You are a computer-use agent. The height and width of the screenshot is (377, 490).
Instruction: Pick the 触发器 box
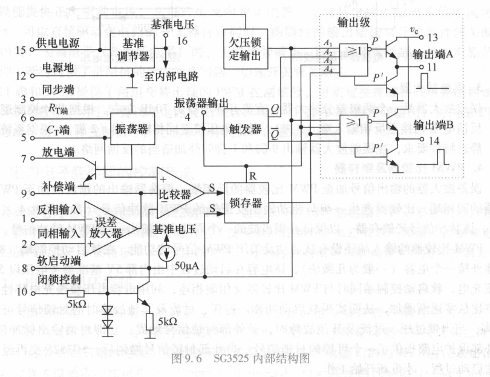pos(248,129)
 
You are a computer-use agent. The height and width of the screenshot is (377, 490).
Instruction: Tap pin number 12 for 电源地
pos(20,76)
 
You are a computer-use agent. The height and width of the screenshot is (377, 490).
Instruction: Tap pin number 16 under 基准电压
pos(179,41)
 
